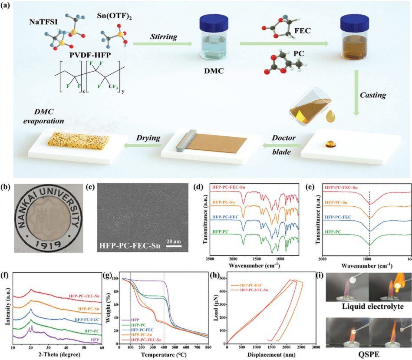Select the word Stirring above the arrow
point(164,36)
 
